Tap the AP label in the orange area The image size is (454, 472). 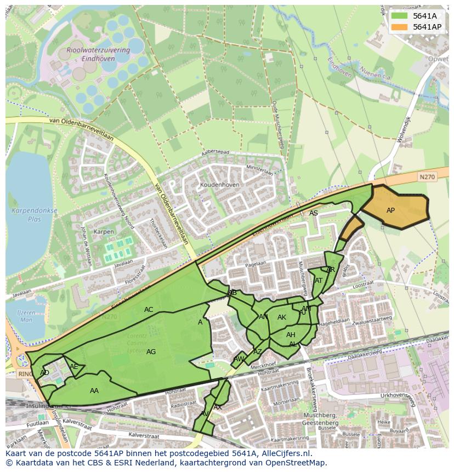coord(390,211)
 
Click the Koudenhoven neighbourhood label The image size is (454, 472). coord(220,185)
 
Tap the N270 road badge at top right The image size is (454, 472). coord(427,177)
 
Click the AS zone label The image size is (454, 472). coord(314,213)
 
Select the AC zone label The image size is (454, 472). coord(149,310)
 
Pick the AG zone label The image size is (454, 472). coord(151,352)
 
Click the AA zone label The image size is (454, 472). coord(94,391)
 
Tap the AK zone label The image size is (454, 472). coord(282,317)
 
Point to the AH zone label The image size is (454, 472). coord(291,335)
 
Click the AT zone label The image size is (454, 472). coord(319,281)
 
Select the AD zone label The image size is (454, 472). coord(45,373)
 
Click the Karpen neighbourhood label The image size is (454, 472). coord(104,232)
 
